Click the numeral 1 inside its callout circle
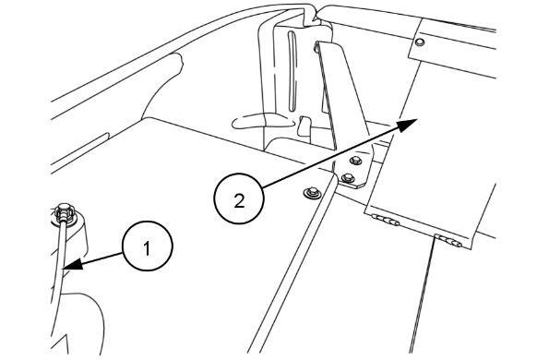pyautogui.click(x=147, y=248)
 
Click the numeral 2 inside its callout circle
pyautogui.click(x=239, y=201)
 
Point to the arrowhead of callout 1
pyautogui.click(x=74, y=264)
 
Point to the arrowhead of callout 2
pyautogui.click(x=407, y=125)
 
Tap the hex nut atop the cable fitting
pyautogui.click(x=65, y=212)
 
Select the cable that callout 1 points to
pyautogui.click(x=59, y=266)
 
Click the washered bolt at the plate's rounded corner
pyautogui.click(x=313, y=192)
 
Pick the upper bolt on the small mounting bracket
pyautogui.click(x=355, y=161)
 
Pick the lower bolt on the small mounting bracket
pyautogui.click(x=347, y=177)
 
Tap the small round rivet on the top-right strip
pyautogui.click(x=420, y=42)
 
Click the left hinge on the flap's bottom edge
pyautogui.click(x=385, y=220)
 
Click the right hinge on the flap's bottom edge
pyautogui.click(x=448, y=241)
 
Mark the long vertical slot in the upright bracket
pyautogui.click(x=292, y=72)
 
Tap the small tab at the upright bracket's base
pyautogui.click(x=304, y=126)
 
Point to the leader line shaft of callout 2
pyautogui.click(x=331, y=156)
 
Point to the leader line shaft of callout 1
pyautogui.click(x=102, y=258)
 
